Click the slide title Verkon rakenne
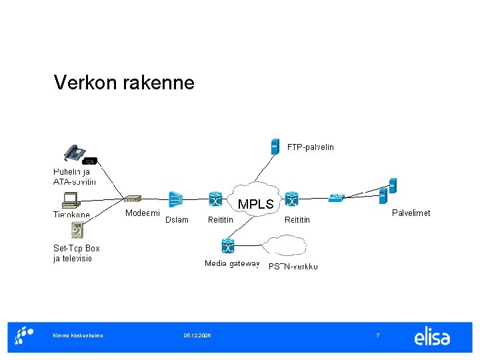(124, 83)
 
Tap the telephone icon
(74, 153)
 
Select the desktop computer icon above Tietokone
(70, 199)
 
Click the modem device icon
(133, 199)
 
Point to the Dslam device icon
(176, 199)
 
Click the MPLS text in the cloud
(255, 205)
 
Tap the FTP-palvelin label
(310, 147)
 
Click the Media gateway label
(231, 264)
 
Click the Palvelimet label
(411, 213)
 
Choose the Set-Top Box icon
(78, 231)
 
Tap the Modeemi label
(143, 213)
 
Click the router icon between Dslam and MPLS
(215, 199)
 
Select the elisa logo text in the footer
(432, 337)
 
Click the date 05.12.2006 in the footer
(197, 335)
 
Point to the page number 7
(378, 335)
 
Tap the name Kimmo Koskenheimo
(78, 335)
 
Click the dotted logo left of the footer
(25, 335)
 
